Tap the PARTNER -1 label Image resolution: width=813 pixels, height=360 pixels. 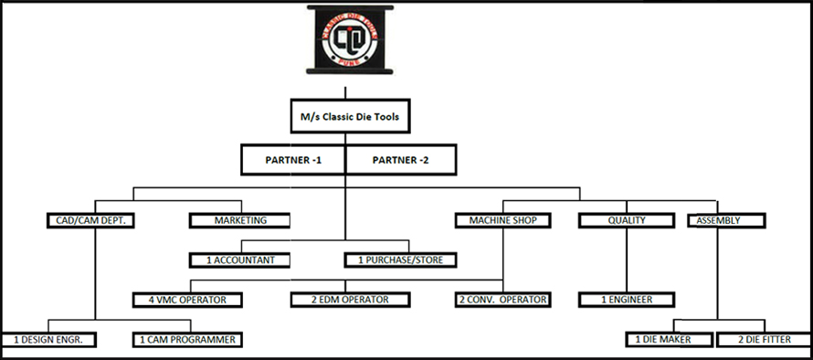[292, 159]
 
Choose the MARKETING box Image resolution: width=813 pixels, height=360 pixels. [240, 220]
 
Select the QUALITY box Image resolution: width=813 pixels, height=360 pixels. [627, 220]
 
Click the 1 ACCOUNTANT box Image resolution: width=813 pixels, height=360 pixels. [241, 260]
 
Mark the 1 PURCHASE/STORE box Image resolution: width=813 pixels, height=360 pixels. [400, 260]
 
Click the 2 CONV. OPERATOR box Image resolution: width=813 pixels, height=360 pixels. [503, 300]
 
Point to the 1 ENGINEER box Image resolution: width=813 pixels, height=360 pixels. [627, 300]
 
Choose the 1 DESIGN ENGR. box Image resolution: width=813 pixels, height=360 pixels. [48, 340]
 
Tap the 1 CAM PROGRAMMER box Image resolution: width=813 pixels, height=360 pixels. [187, 340]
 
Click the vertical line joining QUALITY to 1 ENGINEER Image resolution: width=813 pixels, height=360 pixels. [627, 260]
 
